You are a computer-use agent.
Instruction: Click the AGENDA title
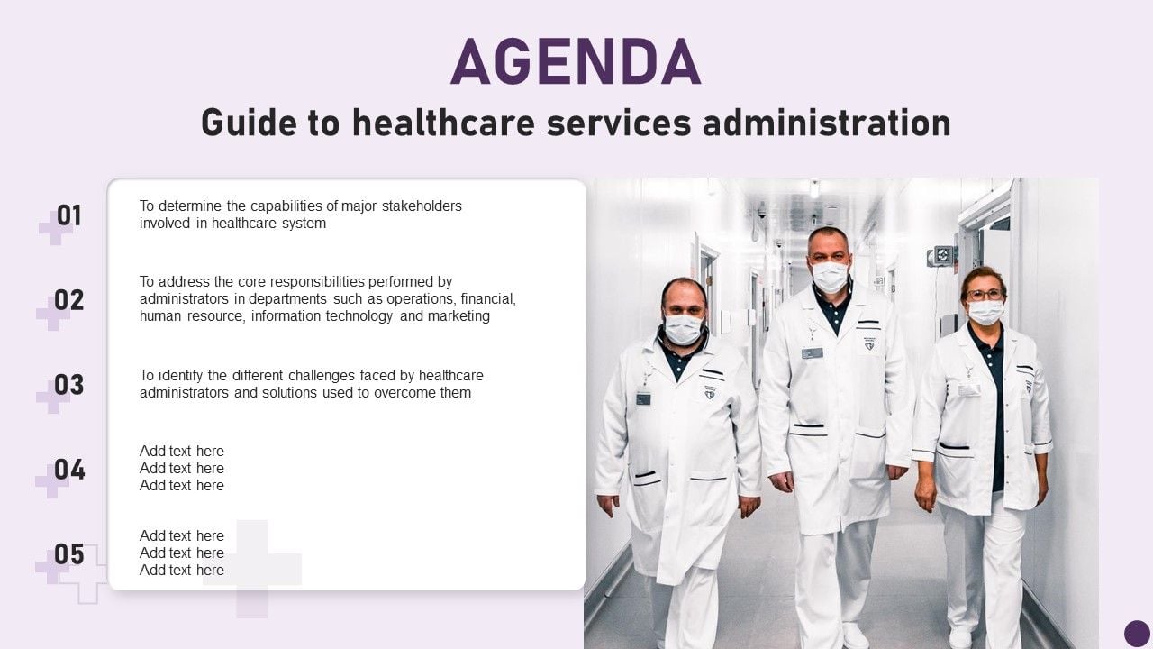click(x=576, y=60)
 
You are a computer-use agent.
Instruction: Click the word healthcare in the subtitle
click(x=443, y=123)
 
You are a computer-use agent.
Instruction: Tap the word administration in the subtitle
click(x=827, y=123)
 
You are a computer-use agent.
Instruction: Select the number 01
click(x=69, y=215)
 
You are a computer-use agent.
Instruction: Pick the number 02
click(x=69, y=300)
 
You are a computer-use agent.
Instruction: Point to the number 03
click(x=69, y=385)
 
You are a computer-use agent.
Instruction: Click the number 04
click(x=69, y=470)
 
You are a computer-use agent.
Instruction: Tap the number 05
click(x=69, y=554)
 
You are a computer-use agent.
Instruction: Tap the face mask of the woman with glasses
click(x=985, y=312)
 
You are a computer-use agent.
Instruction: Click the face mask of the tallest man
click(x=830, y=277)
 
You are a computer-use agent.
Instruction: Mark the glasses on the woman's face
click(x=985, y=295)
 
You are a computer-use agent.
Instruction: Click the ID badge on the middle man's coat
click(x=812, y=353)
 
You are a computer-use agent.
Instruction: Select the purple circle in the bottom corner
click(x=1137, y=633)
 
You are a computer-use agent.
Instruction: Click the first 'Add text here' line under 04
click(x=182, y=452)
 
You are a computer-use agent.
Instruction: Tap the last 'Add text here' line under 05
click(x=182, y=571)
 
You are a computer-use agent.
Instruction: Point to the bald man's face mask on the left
click(x=684, y=329)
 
